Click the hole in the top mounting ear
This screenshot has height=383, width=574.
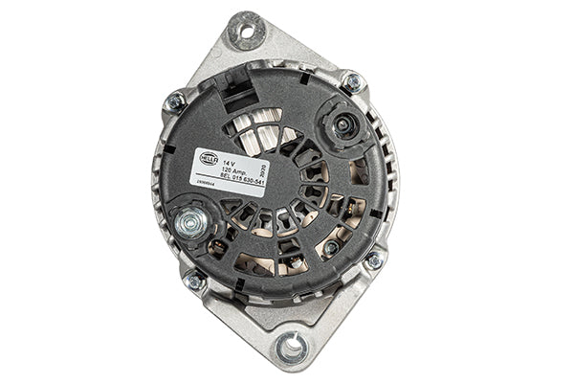246,32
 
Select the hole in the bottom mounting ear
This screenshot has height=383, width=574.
290,347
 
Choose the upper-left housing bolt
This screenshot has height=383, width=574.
176,101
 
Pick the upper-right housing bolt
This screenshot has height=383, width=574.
352,83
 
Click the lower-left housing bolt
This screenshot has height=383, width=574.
194,282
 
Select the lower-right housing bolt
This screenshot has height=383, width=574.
373,259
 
